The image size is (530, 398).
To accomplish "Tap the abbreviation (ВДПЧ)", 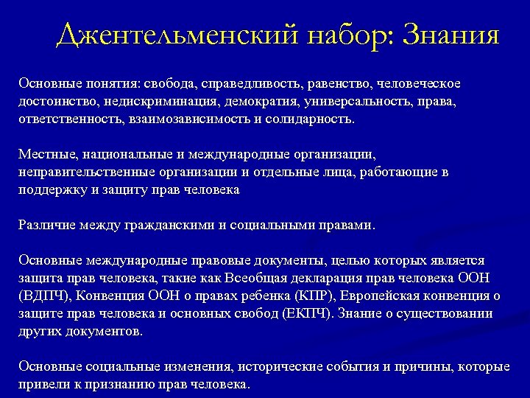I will click(x=45, y=296).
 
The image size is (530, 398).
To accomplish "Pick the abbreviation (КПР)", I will click(x=314, y=296).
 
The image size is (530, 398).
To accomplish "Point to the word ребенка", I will click(x=261, y=296).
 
